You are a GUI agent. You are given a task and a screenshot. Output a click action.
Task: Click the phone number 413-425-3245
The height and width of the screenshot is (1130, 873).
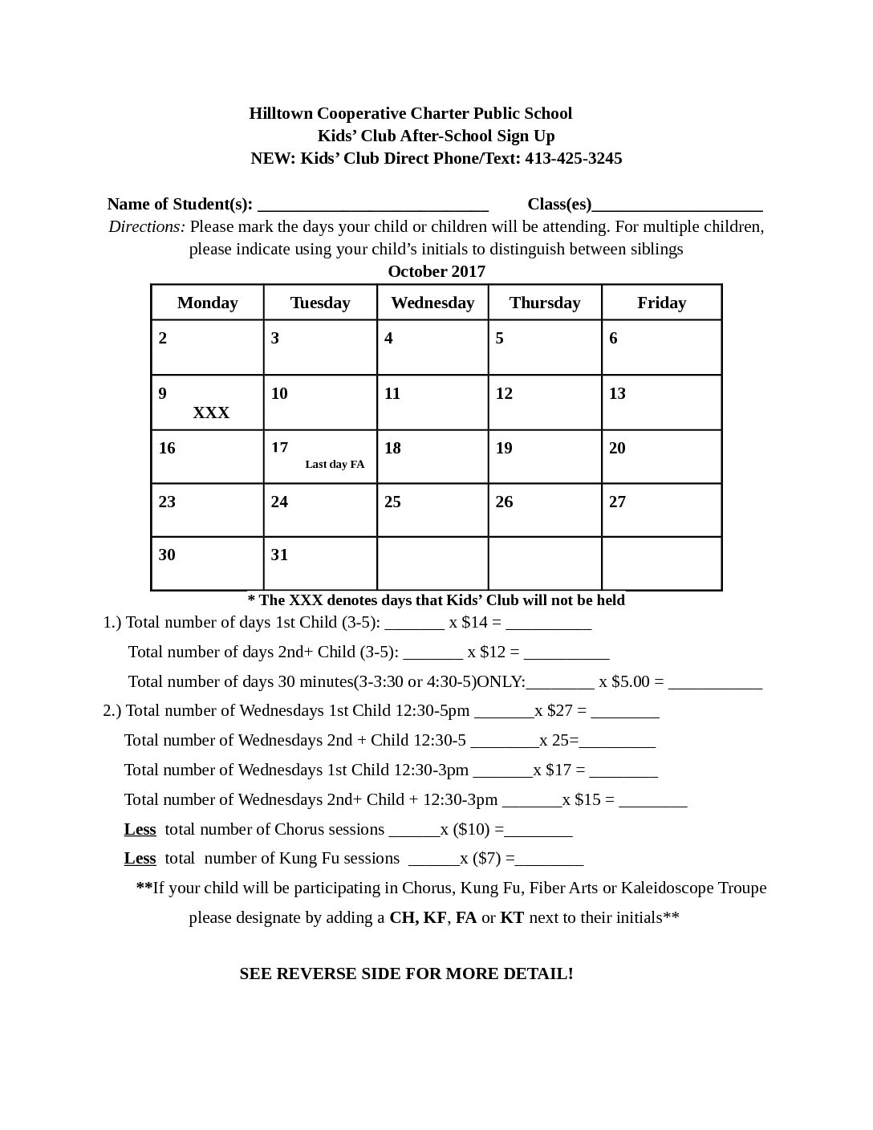[x=573, y=158]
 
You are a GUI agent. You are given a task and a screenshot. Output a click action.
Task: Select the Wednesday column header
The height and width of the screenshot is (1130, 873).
[x=432, y=303]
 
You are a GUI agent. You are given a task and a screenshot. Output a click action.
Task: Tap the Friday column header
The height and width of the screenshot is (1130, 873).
[x=661, y=303]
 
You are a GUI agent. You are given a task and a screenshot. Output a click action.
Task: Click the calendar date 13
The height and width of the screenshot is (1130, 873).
[x=617, y=393]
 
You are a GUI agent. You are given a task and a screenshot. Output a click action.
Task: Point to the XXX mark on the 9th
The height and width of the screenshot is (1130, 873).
[x=211, y=413]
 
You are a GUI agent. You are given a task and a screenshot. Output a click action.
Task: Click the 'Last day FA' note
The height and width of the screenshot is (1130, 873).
[x=335, y=464]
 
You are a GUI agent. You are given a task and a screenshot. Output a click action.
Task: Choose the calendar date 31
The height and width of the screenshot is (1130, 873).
[x=279, y=555]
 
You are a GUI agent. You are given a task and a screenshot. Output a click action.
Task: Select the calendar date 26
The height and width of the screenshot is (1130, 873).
[x=504, y=502]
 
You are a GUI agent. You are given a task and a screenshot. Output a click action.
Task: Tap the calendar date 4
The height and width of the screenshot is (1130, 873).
[x=388, y=338]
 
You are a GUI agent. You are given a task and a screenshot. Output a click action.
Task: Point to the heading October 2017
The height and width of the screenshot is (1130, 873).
[x=436, y=271]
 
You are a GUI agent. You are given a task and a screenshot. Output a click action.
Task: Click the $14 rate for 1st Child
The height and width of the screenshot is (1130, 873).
[x=474, y=622]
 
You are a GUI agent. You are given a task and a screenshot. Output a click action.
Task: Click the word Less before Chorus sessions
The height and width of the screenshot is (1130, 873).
[x=140, y=829]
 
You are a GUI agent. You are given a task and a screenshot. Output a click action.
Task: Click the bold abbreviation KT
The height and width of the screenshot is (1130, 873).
[x=512, y=917]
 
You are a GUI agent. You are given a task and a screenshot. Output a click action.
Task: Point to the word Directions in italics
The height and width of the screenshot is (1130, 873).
[x=147, y=226]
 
